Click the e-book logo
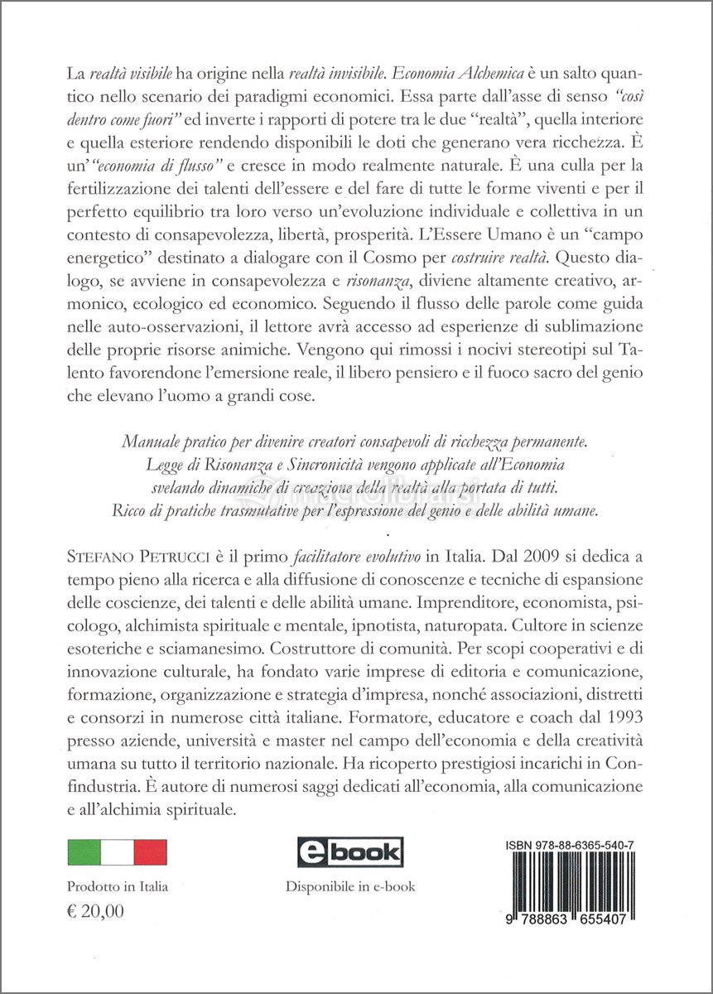[349, 852]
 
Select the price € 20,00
[95, 912]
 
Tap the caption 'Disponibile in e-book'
[350, 886]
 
